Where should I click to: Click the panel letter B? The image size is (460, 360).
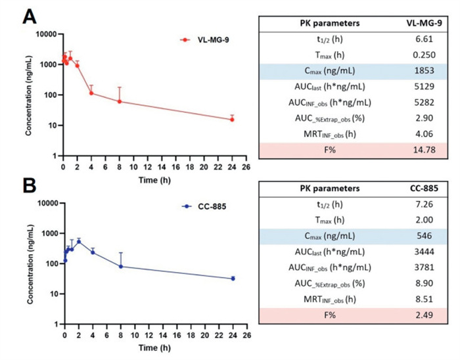pos(30,186)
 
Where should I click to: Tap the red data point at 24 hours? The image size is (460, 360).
pos(231,120)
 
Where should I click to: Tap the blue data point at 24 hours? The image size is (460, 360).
pos(232,279)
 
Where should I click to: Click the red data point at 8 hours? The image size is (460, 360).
pos(120,101)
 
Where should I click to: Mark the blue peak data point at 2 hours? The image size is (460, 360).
pos(79,242)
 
